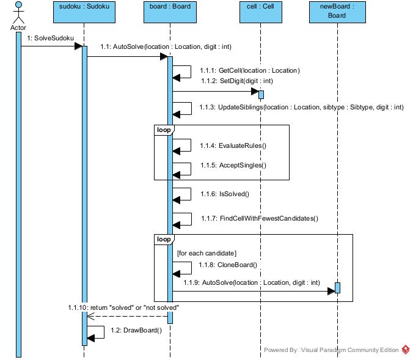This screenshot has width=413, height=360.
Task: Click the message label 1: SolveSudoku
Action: (50, 38)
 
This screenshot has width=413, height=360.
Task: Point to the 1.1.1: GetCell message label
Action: (250, 70)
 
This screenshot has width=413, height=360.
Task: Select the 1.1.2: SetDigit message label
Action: (236, 81)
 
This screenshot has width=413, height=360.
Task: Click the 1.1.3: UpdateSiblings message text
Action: (302, 107)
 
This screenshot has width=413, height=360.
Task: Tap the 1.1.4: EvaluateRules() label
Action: (234, 145)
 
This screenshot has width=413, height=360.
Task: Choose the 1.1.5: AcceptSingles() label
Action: (234, 165)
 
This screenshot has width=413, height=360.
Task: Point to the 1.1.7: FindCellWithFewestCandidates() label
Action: (260, 218)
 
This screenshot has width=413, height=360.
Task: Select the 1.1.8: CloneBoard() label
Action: (229, 265)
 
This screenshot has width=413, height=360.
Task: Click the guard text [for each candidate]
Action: (206, 252)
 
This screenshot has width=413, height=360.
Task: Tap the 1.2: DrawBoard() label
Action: (136, 330)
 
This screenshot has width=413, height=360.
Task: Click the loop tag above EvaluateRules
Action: (163, 130)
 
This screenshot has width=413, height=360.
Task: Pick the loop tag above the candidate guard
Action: (163, 239)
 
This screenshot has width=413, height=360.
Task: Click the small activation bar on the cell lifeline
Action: (261, 94)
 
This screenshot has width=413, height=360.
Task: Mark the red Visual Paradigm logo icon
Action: (406, 350)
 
